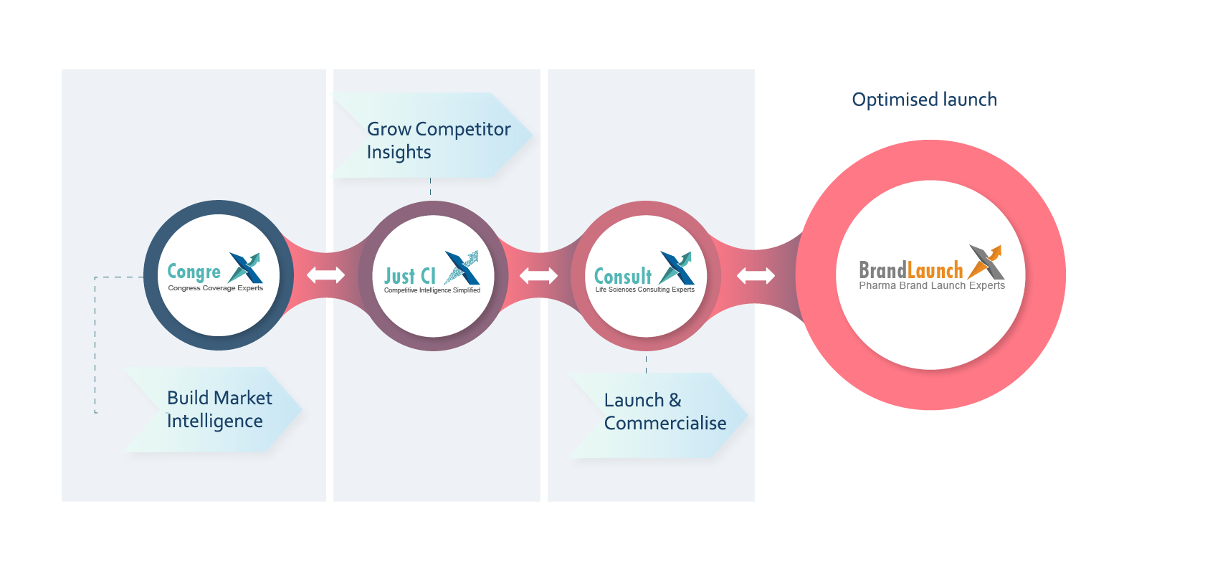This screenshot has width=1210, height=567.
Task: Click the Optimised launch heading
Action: click(x=924, y=100)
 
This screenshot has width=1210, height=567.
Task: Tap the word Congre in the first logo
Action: click(x=194, y=272)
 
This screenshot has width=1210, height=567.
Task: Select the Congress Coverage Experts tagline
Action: click(x=215, y=288)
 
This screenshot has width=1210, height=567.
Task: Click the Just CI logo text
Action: click(x=410, y=276)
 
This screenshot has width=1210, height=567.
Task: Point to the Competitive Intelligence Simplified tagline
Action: click(x=432, y=290)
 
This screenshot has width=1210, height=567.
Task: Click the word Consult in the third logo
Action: click(x=623, y=276)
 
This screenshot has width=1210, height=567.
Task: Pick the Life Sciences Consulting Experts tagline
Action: click(x=644, y=290)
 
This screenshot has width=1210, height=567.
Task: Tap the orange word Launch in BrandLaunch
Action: click(x=935, y=270)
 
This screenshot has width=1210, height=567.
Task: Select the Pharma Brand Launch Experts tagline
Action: click(x=932, y=285)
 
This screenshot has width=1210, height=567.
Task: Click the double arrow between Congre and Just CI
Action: click(x=325, y=275)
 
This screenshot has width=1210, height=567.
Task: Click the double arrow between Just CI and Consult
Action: click(x=538, y=275)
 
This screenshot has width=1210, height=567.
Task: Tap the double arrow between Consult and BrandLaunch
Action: click(x=756, y=275)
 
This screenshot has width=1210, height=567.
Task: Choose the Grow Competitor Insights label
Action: click(x=438, y=140)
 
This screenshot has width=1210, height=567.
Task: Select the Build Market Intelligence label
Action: click(x=219, y=409)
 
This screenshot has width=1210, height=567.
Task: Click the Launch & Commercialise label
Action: click(x=664, y=411)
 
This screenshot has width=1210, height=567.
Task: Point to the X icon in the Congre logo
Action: click(x=245, y=267)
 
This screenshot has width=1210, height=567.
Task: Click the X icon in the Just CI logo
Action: click(x=462, y=267)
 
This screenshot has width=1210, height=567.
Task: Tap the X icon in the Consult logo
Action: click(x=677, y=267)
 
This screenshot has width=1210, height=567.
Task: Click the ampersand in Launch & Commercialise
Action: click(x=675, y=400)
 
